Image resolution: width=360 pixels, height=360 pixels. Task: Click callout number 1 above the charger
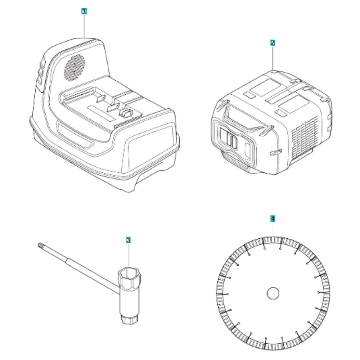[84, 12]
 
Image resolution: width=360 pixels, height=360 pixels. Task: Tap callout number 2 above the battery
[273, 43]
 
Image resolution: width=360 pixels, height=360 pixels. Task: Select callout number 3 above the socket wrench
[128, 239]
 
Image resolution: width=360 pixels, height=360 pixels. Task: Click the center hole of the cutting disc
[273, 293]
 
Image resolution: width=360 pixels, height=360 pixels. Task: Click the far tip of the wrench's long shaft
[39, 246]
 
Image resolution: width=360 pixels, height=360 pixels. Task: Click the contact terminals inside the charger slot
[122, 112]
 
